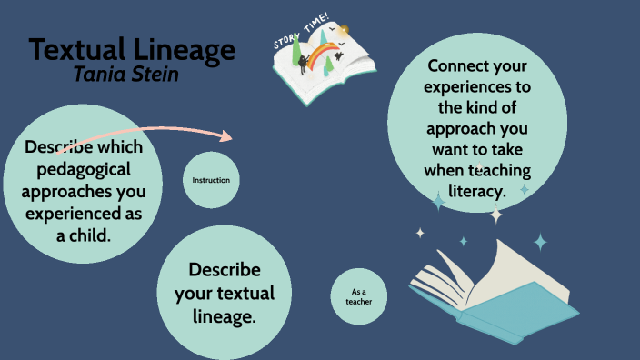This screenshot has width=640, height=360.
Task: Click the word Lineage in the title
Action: pyautogui.click(x=181, y=50)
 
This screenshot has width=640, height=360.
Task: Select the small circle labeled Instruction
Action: pyautogui.click(x=211, y=180)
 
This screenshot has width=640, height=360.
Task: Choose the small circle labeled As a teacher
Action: pyautogui.click(x=358, y=297)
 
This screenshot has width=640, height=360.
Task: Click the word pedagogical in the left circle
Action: pyautogui.click(x=85, y=169)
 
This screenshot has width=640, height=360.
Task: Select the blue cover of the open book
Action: pyautogui.click(x=518, y=314)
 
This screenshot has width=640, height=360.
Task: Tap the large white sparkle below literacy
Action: pyautogui.click(x=496, y=215)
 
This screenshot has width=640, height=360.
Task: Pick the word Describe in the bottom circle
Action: pyautogui.click(x=224, y=270)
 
